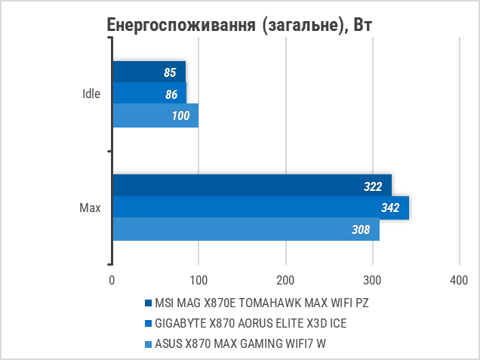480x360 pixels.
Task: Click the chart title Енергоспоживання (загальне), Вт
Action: pos(240,25)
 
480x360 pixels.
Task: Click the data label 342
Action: pos(389,208)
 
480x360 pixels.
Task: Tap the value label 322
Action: pos(374,186)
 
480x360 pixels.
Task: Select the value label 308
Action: pos(361,229)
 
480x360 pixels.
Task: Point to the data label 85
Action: pos(170,73)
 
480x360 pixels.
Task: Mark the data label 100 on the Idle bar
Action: pos(180,115)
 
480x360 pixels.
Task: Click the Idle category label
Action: pos(91,94)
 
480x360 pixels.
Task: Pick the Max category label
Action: pos(90,208)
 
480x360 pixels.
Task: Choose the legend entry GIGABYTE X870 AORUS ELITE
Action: pos(251,324)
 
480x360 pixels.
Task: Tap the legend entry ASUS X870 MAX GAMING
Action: pos(245,344)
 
